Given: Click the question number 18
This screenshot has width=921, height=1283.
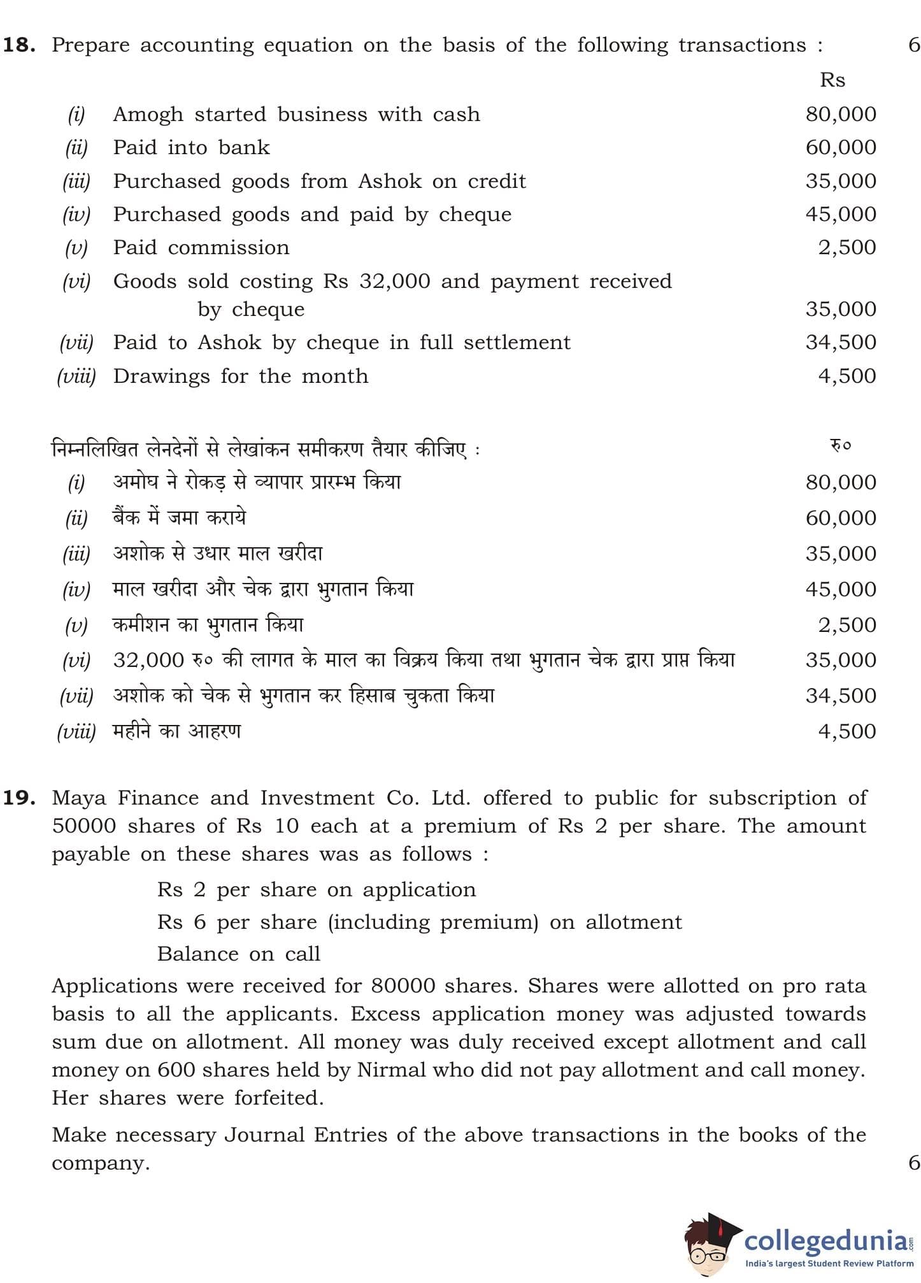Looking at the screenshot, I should (20, 45).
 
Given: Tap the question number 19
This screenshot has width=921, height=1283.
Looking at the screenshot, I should (20, 798).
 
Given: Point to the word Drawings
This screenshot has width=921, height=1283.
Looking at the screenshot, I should (161, 376).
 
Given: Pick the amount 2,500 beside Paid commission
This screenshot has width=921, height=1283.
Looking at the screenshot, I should (847, 247).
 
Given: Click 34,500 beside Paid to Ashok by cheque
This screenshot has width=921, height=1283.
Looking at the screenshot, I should (841, 342).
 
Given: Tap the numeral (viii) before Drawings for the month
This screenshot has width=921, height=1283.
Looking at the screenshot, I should (76, 376).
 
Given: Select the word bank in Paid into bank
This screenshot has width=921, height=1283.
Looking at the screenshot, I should (243, 148).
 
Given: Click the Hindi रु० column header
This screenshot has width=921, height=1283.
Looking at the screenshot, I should (840, 445).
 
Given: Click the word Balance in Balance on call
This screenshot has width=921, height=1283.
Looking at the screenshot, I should (197, 954).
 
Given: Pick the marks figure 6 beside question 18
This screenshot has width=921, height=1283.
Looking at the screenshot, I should (914, 45).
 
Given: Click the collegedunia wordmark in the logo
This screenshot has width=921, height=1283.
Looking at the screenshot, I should (827, 1240).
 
